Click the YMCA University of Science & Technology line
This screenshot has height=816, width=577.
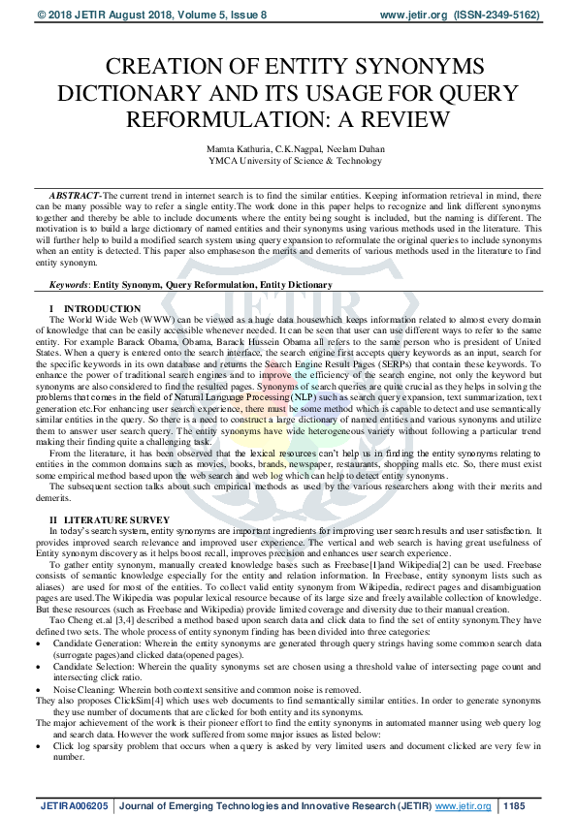tap(288, 160)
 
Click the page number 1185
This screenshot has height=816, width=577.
tap(514, 804)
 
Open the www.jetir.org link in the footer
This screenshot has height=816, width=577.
tap(463, 804)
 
